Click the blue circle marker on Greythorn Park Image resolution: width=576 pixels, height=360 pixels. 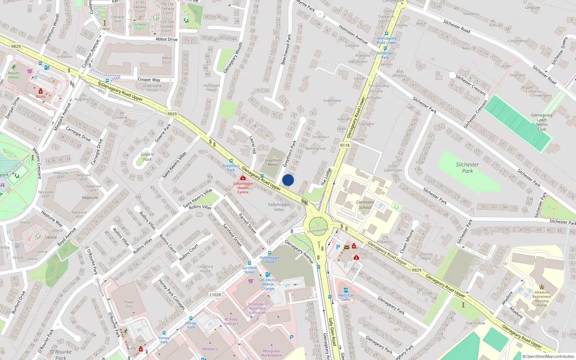(288, 180)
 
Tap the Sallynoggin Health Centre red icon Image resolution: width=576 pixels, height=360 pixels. (243, 178)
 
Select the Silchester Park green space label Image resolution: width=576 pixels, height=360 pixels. (467, 168)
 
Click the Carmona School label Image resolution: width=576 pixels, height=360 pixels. (365, 204)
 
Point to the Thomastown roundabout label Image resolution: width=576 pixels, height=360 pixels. (318, 230)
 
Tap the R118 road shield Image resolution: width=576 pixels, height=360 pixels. (345, 145)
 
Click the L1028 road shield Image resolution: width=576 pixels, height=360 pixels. (215, 294)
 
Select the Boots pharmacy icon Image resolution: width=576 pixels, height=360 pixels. (41, 91)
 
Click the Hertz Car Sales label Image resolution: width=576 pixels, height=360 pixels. (346, 297)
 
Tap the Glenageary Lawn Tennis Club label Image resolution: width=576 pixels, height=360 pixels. (541, 122)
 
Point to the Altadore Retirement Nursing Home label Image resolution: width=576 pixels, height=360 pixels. (541, 299)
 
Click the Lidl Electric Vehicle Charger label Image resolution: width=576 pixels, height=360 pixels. (268, 284)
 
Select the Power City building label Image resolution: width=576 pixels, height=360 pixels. (129, 304)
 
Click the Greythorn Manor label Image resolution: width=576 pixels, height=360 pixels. (273, 162)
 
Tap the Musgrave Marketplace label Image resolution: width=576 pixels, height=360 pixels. (271, 353)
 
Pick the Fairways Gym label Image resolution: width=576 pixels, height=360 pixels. (140, 26)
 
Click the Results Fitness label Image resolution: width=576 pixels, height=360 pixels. (13, 75)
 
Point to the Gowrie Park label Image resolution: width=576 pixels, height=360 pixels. (147, 157)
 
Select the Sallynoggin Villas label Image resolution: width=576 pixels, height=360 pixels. (279, 207)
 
